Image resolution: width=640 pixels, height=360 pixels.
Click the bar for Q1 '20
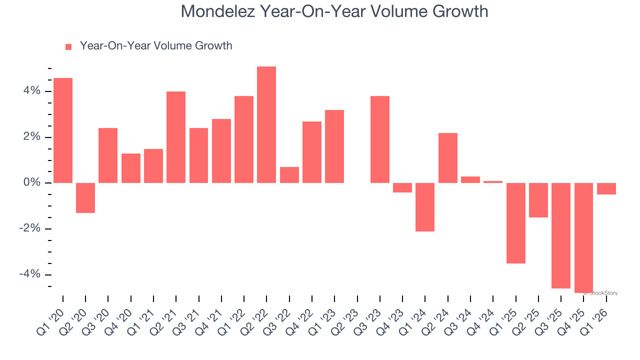(63, 130)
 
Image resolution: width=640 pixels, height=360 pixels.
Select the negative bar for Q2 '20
(85, 198)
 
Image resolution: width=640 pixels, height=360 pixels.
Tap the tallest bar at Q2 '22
(266, 124)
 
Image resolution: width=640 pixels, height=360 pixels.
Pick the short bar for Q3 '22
(289, 175)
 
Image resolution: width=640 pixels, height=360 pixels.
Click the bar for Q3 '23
(380, 139)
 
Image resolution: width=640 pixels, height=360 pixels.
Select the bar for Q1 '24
(425, 207)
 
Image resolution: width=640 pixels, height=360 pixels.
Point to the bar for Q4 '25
(583, 238)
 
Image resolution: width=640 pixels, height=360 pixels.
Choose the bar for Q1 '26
(606, 188)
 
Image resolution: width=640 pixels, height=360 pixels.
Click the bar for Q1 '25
(515, 223)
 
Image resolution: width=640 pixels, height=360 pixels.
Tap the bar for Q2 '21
(176, 137)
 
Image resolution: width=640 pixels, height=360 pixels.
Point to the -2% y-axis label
(29, 229)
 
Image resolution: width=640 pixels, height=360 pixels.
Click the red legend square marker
(68, 46)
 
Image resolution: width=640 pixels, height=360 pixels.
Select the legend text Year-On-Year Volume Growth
(156, 46)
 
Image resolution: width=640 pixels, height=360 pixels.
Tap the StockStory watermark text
(601, 293)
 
